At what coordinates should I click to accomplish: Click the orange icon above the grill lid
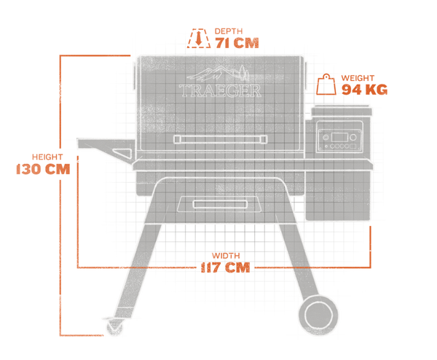coord(198,38)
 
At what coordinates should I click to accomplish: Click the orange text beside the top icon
coord(237,39)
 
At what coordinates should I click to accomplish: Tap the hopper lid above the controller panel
coord(340,111)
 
